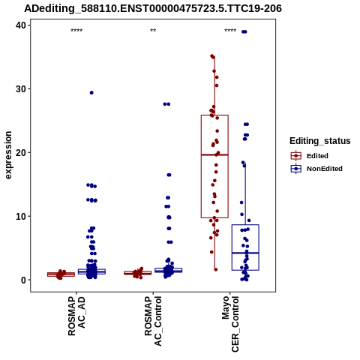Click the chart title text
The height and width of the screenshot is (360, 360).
(x=153, y=8)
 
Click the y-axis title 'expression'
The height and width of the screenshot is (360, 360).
(x=8, y=155)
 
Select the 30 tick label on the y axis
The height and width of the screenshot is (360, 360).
(x=21, y=89)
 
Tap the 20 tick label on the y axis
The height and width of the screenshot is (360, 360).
(x=21, y=152)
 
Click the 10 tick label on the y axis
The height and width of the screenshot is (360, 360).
(x=21, y=216)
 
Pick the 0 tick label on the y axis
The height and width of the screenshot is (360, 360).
(x=24, y=280)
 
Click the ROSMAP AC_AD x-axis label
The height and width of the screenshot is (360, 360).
(x=76, y=316)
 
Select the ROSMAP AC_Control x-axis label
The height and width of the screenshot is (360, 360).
(x=153, y=321)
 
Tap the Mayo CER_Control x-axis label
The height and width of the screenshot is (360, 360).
(x=230, y=324)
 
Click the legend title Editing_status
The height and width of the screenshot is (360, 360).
(x=320, y=141)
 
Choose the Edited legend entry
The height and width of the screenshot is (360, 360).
(x=310, y=156)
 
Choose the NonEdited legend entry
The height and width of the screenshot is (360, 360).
(x=316, y=169)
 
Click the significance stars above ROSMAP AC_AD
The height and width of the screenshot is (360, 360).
(x=76, y=31)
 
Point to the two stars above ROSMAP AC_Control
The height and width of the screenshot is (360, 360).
(x=153, y=31)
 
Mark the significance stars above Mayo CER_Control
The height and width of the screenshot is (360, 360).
(x=230, y=31)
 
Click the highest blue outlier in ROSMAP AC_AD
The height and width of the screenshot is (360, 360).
(x=91, y=93)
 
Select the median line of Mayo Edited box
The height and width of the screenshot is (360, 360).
(x=214, y=155)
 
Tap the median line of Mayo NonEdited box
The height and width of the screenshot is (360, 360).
(x=245, y=253)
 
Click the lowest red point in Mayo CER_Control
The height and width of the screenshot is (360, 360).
(x=216, y=269)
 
